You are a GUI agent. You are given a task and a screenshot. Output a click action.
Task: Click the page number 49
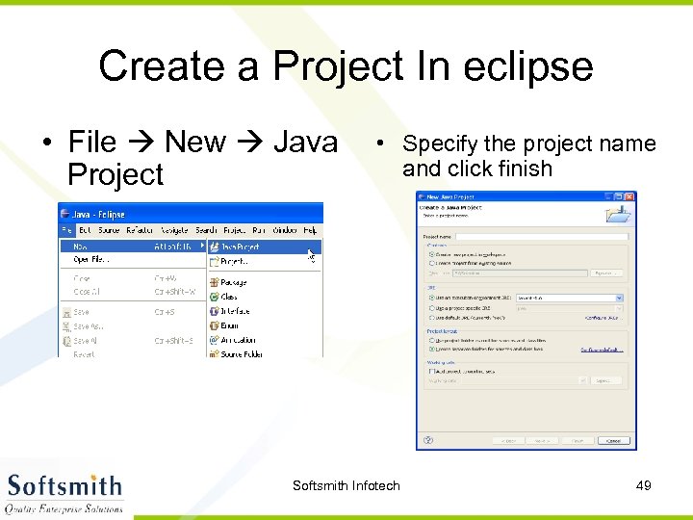(644, 485)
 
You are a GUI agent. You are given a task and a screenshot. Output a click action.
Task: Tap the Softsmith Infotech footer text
(346, 485)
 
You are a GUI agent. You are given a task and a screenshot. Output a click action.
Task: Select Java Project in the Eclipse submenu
(239, 247)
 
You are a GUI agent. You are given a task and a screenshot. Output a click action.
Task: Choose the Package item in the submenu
(233, 283)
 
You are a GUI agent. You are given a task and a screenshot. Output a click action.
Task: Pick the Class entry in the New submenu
(229, 298)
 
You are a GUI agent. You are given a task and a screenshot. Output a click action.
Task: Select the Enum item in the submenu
(229, 326)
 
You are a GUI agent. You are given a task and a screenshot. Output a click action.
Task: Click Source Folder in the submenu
(241, 354)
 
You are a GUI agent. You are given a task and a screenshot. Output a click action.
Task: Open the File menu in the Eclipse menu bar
(66, 231)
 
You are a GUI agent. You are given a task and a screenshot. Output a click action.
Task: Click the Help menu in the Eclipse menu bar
(310, 231)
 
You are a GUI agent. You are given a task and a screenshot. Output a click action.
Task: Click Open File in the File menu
(91, 260)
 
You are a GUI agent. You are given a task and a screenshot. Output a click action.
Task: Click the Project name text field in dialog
(539, 235)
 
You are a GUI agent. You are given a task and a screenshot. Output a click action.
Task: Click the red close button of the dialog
(629, 196)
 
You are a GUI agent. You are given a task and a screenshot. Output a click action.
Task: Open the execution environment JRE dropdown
(570, 299)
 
